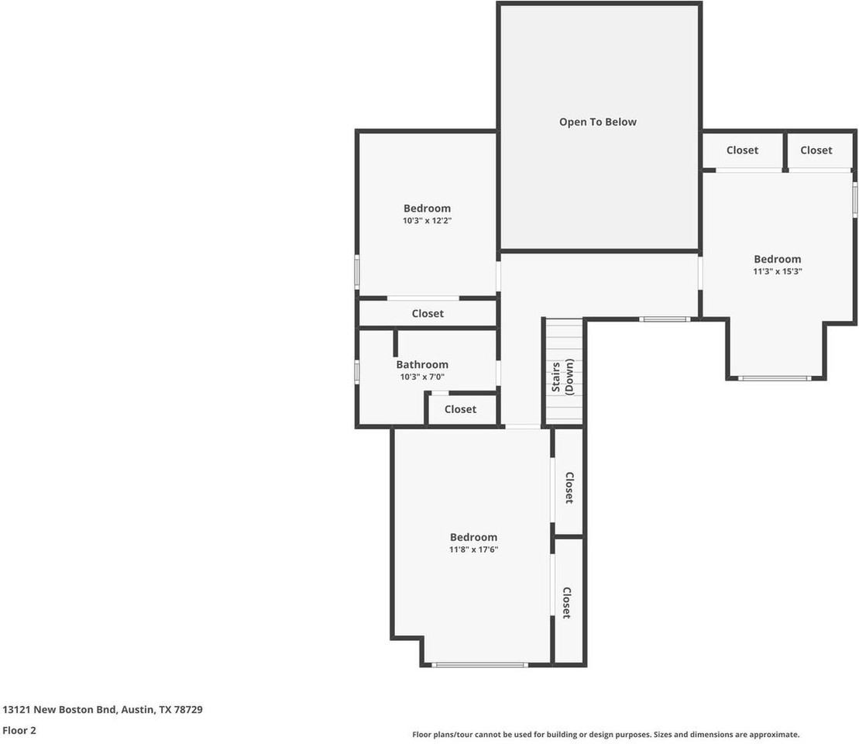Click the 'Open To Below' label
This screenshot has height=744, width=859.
[x=598, y=122]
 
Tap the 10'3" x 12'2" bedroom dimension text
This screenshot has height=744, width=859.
[x=428, y=220]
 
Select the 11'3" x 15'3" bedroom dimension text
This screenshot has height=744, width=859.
[x=778, y=270]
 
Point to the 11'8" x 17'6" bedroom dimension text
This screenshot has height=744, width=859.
[x=473, y=549]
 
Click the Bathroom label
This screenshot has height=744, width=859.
[x=422, y=364]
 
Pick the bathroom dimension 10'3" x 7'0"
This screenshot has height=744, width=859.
[x=422, y=377]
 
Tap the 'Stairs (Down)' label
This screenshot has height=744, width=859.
[x=562, y=377]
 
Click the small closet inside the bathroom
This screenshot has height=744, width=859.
[x=461, y=409]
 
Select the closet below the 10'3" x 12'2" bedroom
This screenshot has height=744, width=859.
[x=428, y=313]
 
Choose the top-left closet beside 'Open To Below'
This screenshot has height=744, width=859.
[x=742, y=150]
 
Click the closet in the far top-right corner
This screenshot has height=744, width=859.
[x=816, y=150]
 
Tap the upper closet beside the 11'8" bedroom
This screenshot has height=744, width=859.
[x=569, y=483]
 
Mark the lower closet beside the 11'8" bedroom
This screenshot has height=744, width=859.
[x=569, y=601]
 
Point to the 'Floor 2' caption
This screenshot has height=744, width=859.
[x=19, y=730]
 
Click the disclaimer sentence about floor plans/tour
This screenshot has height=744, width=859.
[x=606, y=735]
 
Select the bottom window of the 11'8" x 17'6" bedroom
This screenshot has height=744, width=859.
[x=480, y=665]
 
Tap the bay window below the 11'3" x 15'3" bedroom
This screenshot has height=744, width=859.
[x=775, y=378]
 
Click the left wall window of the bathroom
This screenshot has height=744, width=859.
[x=356, y=371]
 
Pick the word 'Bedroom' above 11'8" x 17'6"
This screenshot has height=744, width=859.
[x=473, y=537]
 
